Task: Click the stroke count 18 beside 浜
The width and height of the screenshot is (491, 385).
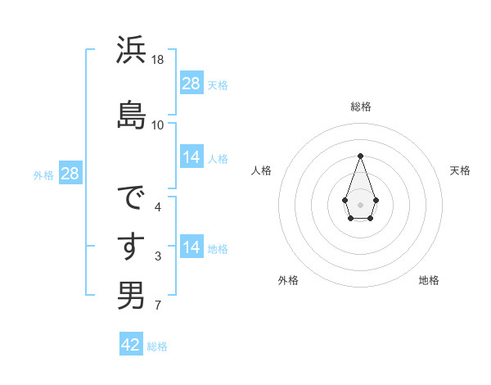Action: pyautogui.click(x=158, y=60)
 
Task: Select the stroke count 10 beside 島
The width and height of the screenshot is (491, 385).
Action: pyautogui.click(x=158, y=125)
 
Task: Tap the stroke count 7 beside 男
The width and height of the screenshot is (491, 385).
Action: pyautogui.click(x=158, y=306)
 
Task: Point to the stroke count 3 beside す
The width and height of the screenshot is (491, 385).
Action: pyautogui.click(x=158, y=257)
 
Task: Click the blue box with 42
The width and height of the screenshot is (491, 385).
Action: pyautogui.click(x=131, y=345)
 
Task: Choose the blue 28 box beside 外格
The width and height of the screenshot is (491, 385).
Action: pyautogui.click(x=70, y=174)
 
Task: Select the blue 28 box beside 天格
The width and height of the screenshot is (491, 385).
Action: pyautogui.click(x=191, y=84)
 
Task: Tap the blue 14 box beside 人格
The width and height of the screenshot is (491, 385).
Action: pyautogui.click(x=191, y=157)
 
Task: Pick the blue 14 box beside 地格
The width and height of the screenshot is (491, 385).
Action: pyautogui.click(x=191, y=247)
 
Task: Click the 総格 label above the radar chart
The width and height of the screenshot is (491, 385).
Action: pyautogui.click(x=361, y=106)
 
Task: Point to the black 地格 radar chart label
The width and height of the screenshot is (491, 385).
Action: pyautogui.click(x=429, y=280)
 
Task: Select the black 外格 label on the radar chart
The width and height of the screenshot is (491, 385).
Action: pyautogui.click(x=288, y=280)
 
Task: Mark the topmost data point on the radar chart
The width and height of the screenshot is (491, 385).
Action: pyautogui.click(x=360, y=156)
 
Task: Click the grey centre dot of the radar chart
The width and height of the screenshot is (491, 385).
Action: pyautogui.click(x=360, y=203)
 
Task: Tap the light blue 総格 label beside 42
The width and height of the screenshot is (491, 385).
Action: pyautogui.click(x=157, y=346)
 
